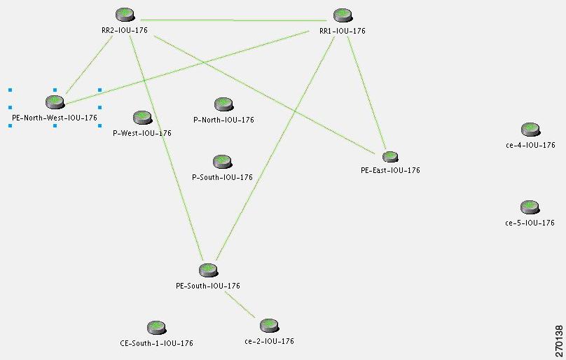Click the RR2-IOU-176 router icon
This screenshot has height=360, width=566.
[125, 15]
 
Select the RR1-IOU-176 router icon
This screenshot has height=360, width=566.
[343, 15]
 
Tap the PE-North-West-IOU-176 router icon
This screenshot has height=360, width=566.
[55, 102]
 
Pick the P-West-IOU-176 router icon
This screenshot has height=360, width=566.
[143, 118]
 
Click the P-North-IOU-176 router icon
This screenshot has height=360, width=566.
[223, 104]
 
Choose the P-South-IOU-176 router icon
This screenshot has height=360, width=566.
[222, 162]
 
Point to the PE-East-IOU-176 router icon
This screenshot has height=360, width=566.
[390, 157]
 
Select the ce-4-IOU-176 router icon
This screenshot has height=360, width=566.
[531, 130]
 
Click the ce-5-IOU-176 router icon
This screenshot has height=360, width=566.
[530, 207]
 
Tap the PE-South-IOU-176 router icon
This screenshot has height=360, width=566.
[208, 270]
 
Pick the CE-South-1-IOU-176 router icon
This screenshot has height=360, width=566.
[157, 328]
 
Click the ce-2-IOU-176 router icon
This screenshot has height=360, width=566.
[269, 326]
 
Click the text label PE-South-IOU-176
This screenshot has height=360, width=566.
[208, 286]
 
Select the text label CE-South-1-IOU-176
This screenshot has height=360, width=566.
[157, 343]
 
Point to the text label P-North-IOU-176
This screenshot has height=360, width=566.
[223, 120]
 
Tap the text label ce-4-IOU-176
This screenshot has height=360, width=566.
[531, 145]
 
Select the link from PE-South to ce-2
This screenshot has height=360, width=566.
[240, 305]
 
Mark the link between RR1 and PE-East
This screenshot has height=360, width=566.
[367, 94]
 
